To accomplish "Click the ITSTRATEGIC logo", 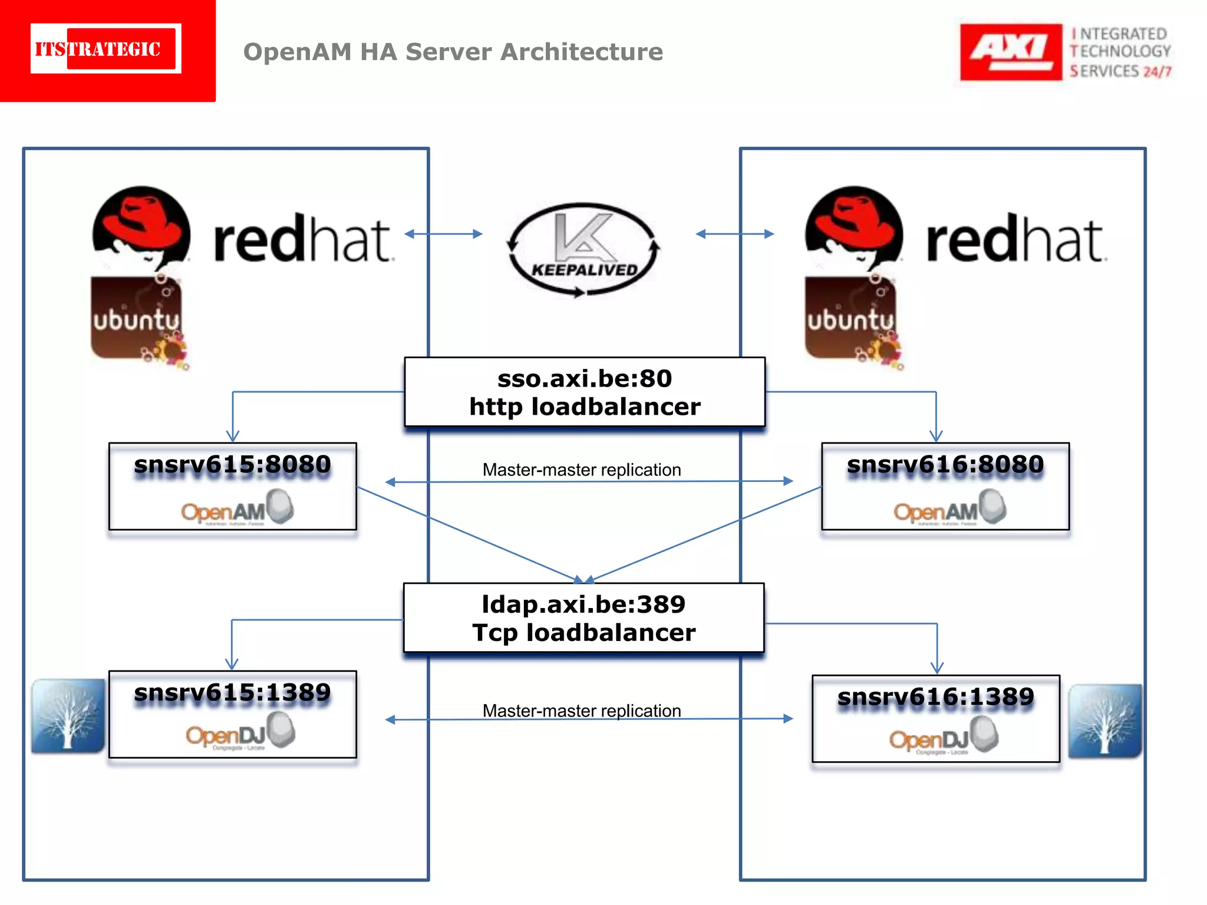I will (106, 49).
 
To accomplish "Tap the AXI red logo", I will (1010, 52).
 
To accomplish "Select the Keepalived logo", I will (583, 250).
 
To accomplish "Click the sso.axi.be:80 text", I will (585, 378).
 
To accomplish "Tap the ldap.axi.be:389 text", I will (583, 605).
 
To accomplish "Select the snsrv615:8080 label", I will (232, 464).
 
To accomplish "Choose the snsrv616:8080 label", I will (945, 464).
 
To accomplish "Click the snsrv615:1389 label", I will (232, 692).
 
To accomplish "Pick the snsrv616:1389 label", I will (935, 697).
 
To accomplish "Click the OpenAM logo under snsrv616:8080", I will (949, 508).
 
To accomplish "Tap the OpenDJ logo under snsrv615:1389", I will (239, 732).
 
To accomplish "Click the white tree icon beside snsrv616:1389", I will (1104, 721).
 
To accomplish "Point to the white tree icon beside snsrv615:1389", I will (68, 716).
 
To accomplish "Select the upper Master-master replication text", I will (581, 470).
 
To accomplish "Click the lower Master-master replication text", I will (581, 711).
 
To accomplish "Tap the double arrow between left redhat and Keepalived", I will (443, 234).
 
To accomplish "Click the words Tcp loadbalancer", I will (583, 633).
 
